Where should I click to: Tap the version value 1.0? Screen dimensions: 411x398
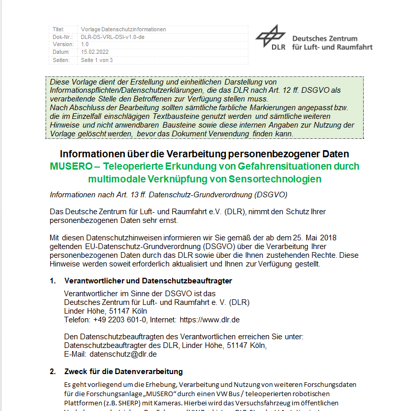pyautogui.click(x=85, y=45)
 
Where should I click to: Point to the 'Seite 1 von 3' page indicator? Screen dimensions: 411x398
pyautogui.click(x=97, y=60)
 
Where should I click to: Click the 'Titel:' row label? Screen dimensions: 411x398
pyautogui.click(x=59, y=29)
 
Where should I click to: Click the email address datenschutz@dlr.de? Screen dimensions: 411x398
pyautogui.click(x=123, y=354)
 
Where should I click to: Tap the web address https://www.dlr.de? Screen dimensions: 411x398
pyautogui.click(x=210, y=320)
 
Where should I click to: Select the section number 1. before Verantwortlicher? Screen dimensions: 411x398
pyautogui.click(x=53, y=281)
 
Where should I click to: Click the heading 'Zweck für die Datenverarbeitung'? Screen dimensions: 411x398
pyautogui.click(x=123, y=372)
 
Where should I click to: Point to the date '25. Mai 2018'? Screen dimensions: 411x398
pyautogui.click(x=302, y=238)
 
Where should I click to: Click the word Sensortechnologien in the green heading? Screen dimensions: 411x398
pyautogui.click(x=279, y=179)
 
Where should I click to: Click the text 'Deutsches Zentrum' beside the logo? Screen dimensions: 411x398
pyautogui.click(x=325, y=38)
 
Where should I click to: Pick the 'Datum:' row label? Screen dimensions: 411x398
pyautogui.click(x=61, y=52)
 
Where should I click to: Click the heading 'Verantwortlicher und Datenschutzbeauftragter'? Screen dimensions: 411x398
pyautogui.click(x=148, y=281)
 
